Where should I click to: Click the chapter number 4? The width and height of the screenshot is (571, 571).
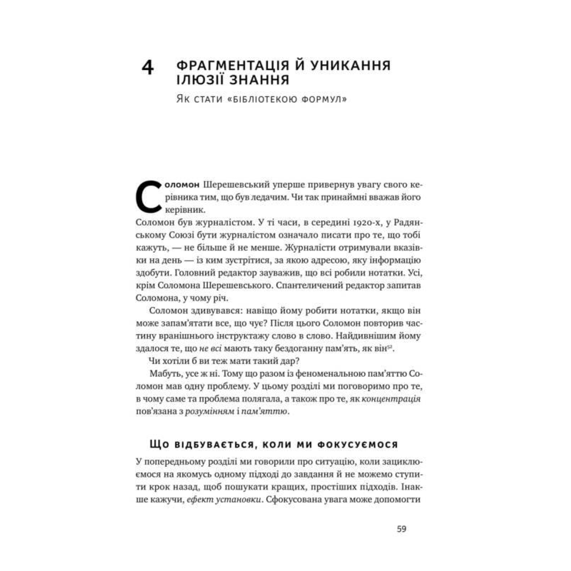[x=148, y=68]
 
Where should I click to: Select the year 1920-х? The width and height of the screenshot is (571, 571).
[x=366, y=222]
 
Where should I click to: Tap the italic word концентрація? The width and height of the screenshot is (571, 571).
[x=391, y=399]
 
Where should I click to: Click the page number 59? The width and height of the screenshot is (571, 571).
[x=401, y=529]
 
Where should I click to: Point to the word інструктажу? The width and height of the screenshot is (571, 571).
[x=241, y=335]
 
